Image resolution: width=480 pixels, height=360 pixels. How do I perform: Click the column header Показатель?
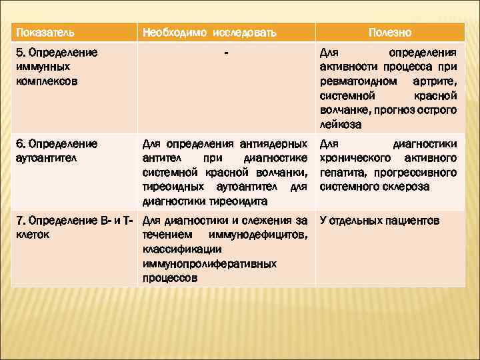click(x=45, y=32)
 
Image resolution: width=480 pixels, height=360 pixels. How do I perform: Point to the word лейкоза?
click(x=340, y=125)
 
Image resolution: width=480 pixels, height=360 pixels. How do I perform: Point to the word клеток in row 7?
click(x=31, y=235)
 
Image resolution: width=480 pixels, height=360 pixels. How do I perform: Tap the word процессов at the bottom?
click(x=169, y=279)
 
